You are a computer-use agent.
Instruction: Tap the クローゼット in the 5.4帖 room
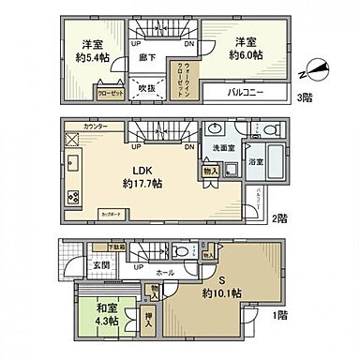(x=109, y=94)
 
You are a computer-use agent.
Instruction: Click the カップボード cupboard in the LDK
(x=112, y=214)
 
